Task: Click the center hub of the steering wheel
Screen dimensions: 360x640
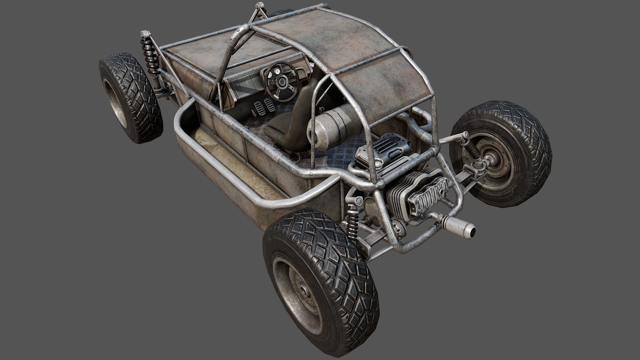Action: (x=283, y=81)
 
